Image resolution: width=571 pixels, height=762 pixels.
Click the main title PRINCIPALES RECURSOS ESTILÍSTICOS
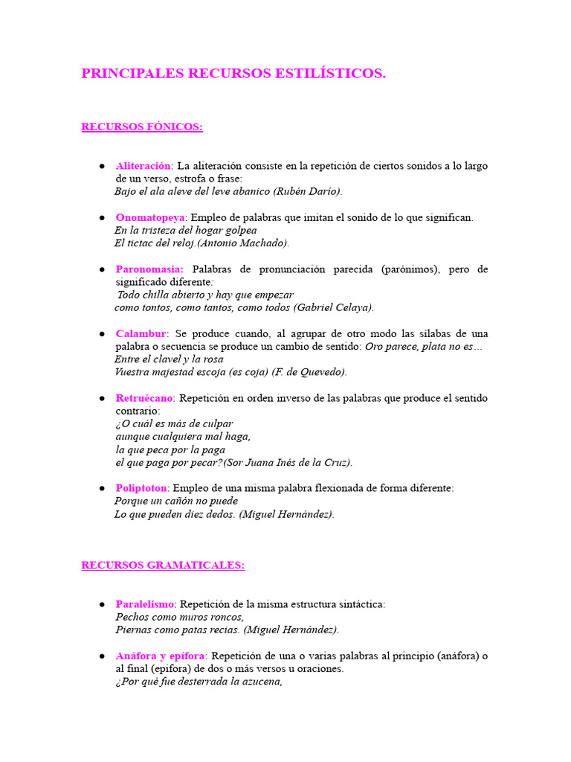tap(233, 74)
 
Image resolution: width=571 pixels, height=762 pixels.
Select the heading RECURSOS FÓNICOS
tap(142, 127)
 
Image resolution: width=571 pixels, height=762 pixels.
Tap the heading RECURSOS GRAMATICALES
tap(163, 566)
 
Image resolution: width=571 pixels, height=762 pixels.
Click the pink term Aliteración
tap(143, 166)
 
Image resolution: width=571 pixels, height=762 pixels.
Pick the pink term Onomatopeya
tap(149, 217)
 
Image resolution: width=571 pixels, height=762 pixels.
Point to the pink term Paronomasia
tap(149, 269)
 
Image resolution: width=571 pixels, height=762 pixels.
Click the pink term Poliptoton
tap(142, 488)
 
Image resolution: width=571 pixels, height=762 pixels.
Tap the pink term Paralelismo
tap(145, 604)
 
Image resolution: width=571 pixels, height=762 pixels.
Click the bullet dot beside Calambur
tap(101, 333)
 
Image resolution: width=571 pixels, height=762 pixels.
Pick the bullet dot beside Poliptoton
tap(101, 488)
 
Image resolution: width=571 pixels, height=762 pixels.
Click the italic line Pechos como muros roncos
tap(179, 617)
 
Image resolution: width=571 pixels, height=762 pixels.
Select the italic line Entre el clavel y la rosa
tap(168, 359)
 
